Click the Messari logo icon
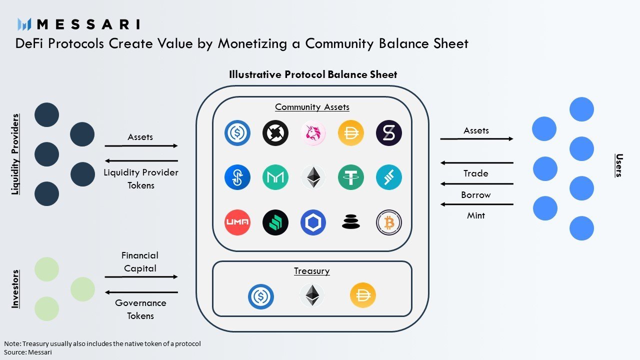click(x=24, y=24)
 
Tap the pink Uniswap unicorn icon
click(x=313, y=133)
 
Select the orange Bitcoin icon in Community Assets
click(x=388, y=222)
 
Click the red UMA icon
click(x=237, y=222)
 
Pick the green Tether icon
click(x=350, y=177)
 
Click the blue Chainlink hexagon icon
click(x=313, y=222)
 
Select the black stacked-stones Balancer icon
click(x=350, y=222)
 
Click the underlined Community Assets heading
click(x=312, y=107)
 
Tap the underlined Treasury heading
click(x=311, y=271)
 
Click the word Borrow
click(x=475, y=194)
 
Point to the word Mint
click(x=475, y=215)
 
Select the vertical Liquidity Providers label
click(x=15, y=154)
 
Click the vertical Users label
click(x=618, y=165)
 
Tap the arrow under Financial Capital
click(x=141, y=276)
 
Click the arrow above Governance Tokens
click(x=141, y=292)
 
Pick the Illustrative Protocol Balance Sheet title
click(x=313, y=74)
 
